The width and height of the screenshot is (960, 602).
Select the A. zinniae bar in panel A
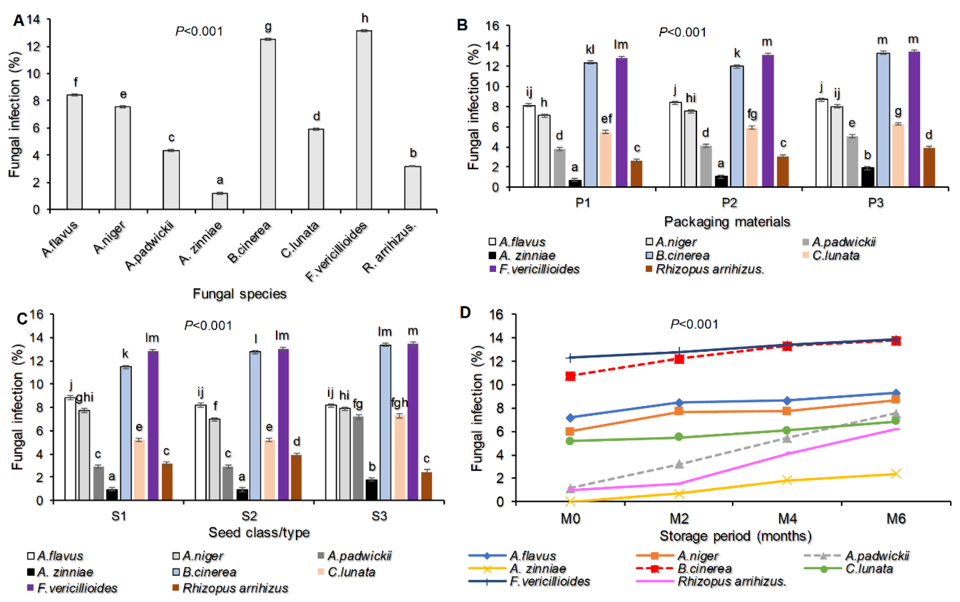coord(220,201)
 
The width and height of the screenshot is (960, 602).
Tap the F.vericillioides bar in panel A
coord(364,119)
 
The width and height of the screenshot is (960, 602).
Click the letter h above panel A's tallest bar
coord(365,18)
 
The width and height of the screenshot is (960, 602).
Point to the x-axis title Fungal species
coord(240,294)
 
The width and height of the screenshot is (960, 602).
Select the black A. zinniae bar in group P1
coord(575,183)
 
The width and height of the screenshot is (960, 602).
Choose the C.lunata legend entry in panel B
coord(835,255)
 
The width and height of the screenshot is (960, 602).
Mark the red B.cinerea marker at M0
coord(570,376)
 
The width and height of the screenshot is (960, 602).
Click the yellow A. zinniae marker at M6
coord(895,473)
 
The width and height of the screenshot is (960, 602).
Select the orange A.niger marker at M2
coord(679,411)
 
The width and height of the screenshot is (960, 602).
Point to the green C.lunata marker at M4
coord(787,430)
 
